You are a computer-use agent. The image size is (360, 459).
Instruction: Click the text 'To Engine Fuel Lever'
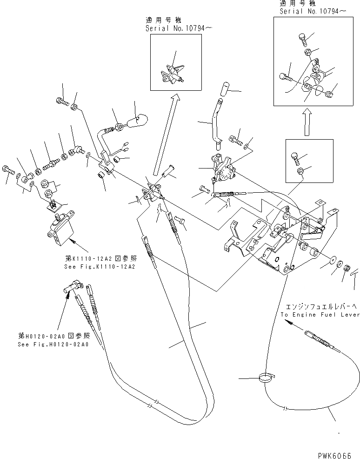coord(320,315)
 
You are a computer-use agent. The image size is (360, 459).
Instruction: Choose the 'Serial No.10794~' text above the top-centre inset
coord(172,29)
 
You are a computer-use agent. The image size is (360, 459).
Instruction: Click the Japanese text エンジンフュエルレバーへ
coord(320,307)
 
